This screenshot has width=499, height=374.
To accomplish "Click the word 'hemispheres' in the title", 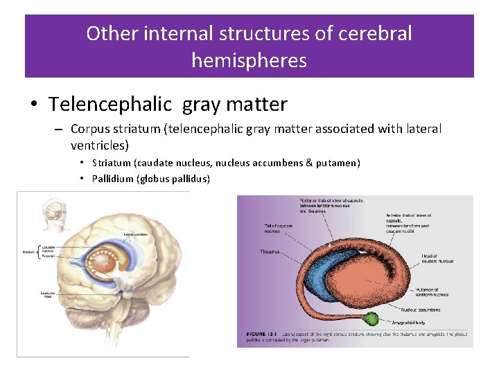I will tap(249, 60).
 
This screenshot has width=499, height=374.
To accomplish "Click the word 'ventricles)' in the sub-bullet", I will tap(99, 145).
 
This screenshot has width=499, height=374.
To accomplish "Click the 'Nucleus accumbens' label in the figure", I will tap(422, 310).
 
